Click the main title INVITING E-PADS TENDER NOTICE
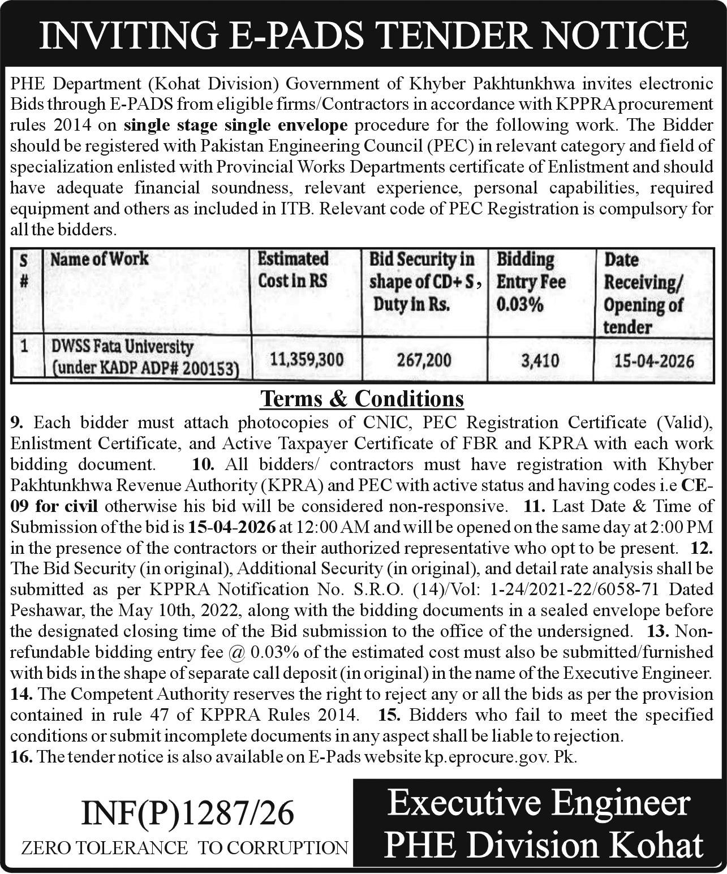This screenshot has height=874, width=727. pos(363,35)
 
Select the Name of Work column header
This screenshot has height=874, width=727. pos(99,259)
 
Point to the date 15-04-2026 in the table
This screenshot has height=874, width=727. pos(653,360)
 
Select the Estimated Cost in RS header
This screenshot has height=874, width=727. pos(293,270)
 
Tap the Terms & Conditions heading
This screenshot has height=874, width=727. pos(362,399)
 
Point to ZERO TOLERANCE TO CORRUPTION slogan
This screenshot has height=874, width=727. pos(184,847)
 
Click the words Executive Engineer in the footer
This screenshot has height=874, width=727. pos(539,804)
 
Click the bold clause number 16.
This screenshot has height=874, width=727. pos(20,757)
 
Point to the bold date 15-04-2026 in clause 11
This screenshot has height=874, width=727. pos(233,527)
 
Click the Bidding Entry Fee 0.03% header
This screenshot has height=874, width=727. pos(531,282)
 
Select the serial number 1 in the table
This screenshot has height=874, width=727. pos(24,346)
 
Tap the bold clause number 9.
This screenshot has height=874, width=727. pos(18,423)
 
